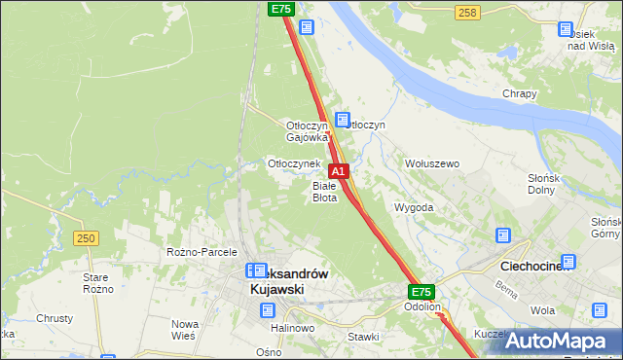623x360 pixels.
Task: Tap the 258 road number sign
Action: [467, 12]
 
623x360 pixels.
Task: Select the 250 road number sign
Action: [86, 237]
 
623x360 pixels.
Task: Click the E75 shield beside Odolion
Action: [421, 291]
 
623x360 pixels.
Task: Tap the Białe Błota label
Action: [324, 192]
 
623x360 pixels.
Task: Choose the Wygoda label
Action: [413, 208]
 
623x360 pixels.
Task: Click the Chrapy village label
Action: [520, 93]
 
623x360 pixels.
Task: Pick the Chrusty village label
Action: [55, 318]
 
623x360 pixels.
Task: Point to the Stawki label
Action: [363, 337]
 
